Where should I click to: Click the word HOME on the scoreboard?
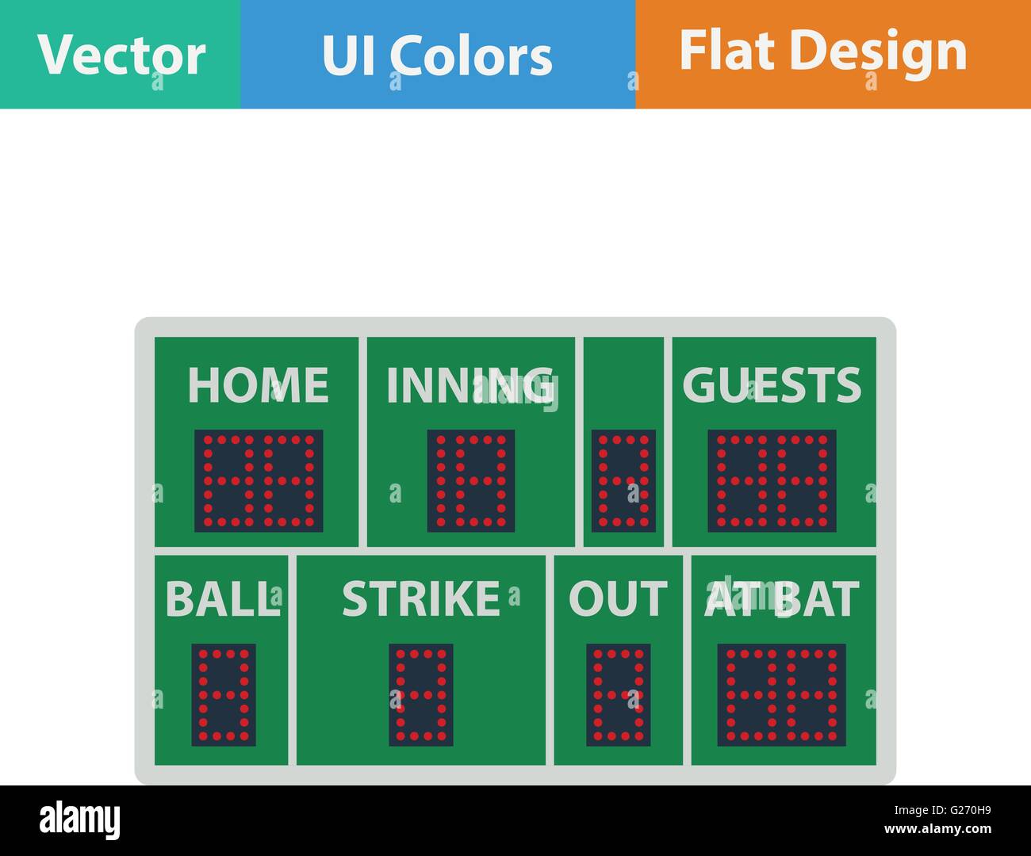(x=258, y=385)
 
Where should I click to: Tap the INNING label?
(x=470, y=385)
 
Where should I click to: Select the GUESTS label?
(x=772, y=385)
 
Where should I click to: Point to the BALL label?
(x=221, y=599)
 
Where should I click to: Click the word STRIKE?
(x=421, y=599)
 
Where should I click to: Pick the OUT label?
(x=618, y=599)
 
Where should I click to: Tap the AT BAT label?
(x=782, y=599)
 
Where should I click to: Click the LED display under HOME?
(x=259, y=480)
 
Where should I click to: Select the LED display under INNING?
(x=471, y=480)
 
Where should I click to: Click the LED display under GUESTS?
(x=772, y=480)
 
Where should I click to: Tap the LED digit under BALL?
(x=224, y=694)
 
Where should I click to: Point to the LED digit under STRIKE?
(x=421, y=694)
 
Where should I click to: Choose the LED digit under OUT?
(x=619, y=694)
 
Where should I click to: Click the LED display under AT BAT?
(x=781, y=694)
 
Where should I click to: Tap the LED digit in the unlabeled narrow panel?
(x=624, y=480)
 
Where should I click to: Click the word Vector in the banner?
(x=121, y=55)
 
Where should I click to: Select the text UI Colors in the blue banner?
(x=437, y=55)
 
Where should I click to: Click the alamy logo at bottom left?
(x=80, y=820)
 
